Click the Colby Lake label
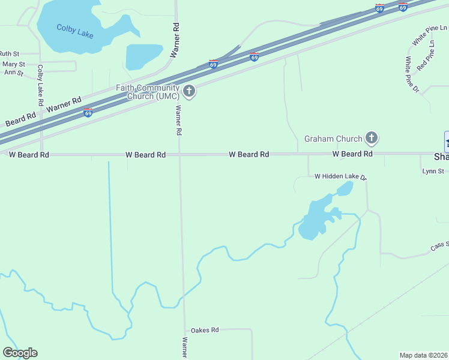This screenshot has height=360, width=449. click(x=75, y=31)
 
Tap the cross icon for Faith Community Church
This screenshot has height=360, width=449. click(x=189, y=91)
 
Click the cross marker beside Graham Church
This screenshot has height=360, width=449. click(x=372, y=139)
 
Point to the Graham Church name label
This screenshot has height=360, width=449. click(x=333, y=139)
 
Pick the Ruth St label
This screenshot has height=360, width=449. click(x=10, y=53)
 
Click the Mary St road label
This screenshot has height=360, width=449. click(x=14, y=64)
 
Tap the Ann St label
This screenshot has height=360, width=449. click(x=13, y=73)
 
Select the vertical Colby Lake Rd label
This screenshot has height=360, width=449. click(x=40, y=85)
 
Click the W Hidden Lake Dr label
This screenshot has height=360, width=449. click(x=340, y=176)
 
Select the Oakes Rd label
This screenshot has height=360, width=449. click(x=205, y=330)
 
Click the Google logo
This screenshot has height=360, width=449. click(x=20, y=353)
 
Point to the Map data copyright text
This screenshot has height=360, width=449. click(x=424, y=355)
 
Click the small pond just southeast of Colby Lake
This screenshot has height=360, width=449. click(x=144, y=56)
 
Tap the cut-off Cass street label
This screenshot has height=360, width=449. click(x=439, y=247)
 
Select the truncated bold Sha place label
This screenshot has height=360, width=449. click(x=441, y=157)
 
